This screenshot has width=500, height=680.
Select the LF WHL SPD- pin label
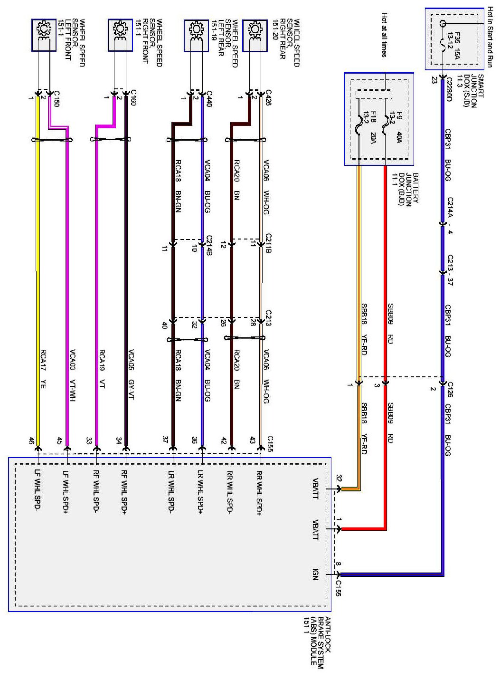[x=38, y=490]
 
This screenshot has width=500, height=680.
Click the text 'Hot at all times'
[x=384, y=35]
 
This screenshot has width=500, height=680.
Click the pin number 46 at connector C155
[x=31, y=441]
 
